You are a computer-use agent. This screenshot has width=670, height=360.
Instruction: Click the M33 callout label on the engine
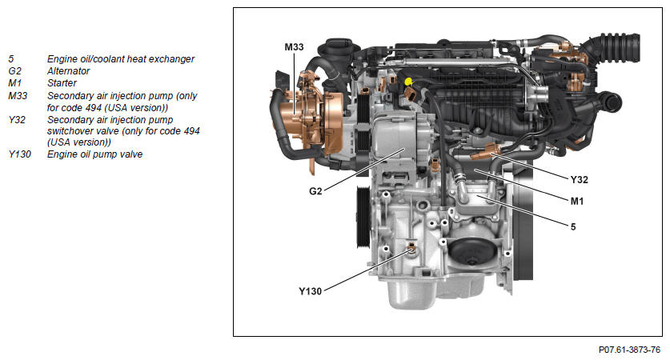coord(294,47)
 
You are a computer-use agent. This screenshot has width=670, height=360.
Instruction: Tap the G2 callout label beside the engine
coord(315,191)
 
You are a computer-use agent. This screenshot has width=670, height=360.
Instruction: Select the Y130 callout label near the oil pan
coord(310,291)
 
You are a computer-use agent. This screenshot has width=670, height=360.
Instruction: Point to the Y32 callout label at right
coord(579,180)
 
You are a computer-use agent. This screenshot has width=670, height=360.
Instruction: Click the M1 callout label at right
coord(577,201)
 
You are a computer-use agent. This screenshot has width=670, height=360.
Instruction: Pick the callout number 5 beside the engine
coord(573,226)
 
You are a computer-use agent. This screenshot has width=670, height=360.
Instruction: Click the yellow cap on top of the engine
coord(408,80)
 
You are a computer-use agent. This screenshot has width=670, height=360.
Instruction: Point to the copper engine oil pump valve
coord(411,248)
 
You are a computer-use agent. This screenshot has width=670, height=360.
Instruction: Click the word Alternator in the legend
coord(68,71)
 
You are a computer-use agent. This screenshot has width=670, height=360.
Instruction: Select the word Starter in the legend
coord(62,83)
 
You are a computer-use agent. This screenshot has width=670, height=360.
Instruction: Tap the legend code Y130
coord(20,154)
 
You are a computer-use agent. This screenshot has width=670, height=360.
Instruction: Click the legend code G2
coord(14,71)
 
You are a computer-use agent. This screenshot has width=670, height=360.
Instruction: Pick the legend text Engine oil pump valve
coord(95,154)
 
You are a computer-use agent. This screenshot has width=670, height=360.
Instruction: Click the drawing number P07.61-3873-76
coord(629,350)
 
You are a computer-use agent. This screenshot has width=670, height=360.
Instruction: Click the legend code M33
coord(18,96)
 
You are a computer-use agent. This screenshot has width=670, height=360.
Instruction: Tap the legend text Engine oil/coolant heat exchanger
coord(121,59)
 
